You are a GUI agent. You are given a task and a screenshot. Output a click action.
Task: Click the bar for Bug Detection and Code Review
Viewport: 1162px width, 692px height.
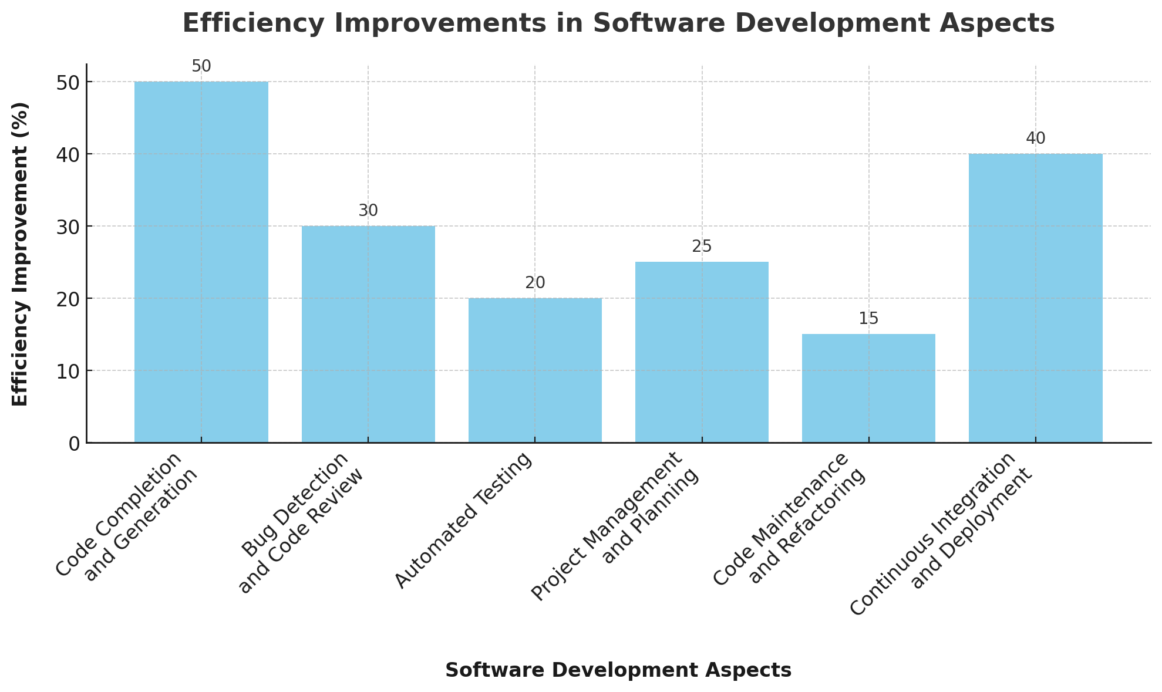click(x=368, y=334)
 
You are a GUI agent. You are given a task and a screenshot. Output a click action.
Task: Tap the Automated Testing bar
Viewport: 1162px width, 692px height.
click(x=535, y=370)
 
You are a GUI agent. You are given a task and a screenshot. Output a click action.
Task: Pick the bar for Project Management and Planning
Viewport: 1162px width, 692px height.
click(x=702, y=352)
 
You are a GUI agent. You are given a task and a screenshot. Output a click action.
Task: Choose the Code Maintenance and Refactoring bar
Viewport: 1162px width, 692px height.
click(x=868, y=388)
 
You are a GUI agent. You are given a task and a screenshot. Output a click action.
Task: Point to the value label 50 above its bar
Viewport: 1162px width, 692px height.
click(x=201, y=67)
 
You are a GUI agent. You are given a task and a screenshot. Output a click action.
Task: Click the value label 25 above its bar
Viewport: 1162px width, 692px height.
click(x=702, y=247)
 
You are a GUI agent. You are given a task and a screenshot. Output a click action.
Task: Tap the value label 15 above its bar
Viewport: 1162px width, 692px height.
click(x=868, y=319)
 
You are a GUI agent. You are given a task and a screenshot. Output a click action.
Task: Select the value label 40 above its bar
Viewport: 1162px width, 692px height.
click(x=1035, y=139)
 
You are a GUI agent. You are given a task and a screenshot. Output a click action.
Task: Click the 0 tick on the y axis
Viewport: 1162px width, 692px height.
click(x=74, y=444)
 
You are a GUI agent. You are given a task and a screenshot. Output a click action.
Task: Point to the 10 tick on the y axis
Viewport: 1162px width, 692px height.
click(x=69, y=371)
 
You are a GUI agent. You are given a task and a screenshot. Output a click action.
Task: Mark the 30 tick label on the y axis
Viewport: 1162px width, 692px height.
click(x=69, y=227)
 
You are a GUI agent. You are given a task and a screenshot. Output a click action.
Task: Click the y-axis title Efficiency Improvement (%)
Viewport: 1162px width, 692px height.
click(x=21, y=254)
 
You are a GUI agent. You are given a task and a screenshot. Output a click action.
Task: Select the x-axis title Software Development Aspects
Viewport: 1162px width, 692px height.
click(x=618, y=670)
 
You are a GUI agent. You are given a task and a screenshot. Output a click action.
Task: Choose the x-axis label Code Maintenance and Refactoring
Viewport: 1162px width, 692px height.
click(x=790, y=519)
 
